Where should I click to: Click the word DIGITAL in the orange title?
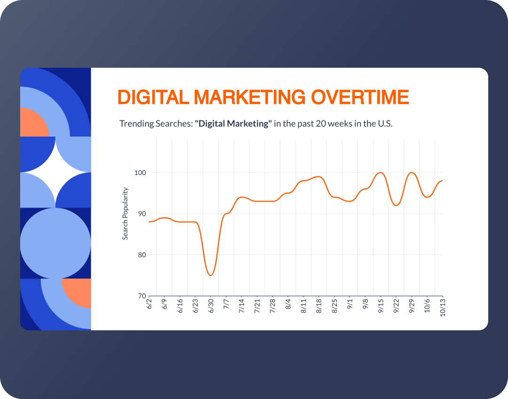pyautogui.click(x=151, y=97)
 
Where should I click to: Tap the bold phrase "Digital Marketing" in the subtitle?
pyautogui.click(x=233, y=124)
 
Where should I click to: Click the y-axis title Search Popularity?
pyautogui.click(x=126, y=214)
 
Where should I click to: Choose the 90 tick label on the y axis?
pyautogui.click(x=141, y=214)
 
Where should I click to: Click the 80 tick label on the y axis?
pyautogui.click(x=141, y=255)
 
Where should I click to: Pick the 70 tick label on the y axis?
pyautogui.click(x=141, y=296)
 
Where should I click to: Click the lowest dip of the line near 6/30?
pyautogui.click(x=211, y=275)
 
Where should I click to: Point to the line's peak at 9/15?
pyautogui.click(x=381, y=173)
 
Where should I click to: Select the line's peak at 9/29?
pyautogui.click(x=412, y=173)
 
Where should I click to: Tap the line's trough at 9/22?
pyautogui.click(x=397, y=205)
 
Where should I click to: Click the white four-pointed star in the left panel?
pyautogui.click(x=56, y=172)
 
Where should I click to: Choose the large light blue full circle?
pyautogui.click(x=56, y=243)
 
